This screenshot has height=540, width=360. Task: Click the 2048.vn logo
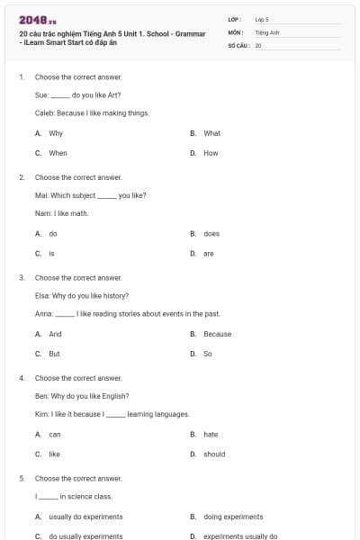[37, 20]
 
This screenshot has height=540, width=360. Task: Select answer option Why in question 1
[56, 133]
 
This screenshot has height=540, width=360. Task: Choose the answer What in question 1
[211, 133]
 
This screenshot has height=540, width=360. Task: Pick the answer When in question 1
[58, 153]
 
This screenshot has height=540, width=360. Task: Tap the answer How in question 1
[211, 153]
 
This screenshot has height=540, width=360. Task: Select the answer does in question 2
[211, 233]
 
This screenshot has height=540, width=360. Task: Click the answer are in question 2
[208, 253]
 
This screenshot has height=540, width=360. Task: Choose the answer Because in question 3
[217, 334]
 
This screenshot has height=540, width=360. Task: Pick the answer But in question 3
[54, 354]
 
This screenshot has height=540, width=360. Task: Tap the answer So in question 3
[207, 354]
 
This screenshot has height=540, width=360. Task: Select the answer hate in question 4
[211, 434]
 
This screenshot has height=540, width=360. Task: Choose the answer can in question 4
[54, 434]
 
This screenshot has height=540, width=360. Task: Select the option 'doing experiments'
[233, 517]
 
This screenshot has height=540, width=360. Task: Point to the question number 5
[22, 478]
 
